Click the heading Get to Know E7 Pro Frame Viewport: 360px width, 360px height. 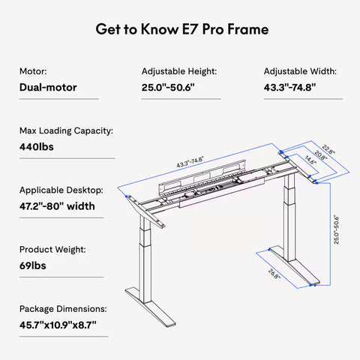tap(180, 30)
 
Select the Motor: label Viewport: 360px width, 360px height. tap(34, 71)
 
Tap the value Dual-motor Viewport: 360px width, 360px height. tap(49, 86)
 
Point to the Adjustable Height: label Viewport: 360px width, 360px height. tap(179, 71)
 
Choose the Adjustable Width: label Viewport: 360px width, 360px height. tap(300, 71)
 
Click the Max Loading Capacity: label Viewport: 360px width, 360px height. tap(66, 130)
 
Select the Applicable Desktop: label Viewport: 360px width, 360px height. tap(61, 190)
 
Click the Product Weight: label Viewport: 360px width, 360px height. tap(52, 249)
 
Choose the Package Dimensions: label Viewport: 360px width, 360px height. tap(63, 308)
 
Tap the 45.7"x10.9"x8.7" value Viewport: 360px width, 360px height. tap(58, 324)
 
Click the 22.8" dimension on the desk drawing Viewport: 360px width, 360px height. tap(329, 150)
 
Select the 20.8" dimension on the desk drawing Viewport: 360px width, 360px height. tap(320, 155)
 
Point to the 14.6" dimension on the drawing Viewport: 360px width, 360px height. tap(310, 160)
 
